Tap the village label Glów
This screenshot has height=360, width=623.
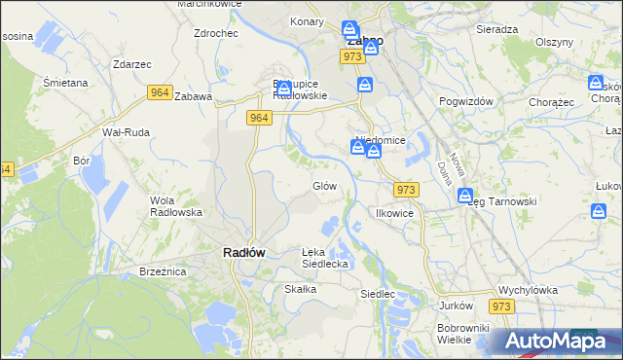324,186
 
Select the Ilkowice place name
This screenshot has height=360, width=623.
395,212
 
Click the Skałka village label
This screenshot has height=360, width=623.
300,289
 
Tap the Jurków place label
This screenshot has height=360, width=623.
456,306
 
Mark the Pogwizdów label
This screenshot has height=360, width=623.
467,101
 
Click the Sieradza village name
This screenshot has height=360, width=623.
496,29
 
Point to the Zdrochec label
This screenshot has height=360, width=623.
216,32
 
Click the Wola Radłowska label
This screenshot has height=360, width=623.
175,205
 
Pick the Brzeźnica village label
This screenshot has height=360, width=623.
163,272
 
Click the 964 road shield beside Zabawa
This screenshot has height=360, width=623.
161,92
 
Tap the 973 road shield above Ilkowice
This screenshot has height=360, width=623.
407,190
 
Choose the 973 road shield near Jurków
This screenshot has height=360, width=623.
501,306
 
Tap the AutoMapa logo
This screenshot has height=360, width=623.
558,342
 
